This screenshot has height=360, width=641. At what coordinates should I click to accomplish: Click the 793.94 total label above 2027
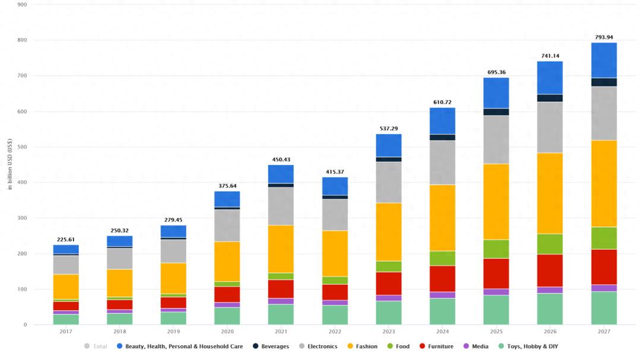point(604,37)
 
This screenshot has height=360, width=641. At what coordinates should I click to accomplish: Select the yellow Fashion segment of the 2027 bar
point(604,183)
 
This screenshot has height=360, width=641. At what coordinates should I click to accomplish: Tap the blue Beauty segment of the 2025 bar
point(496,93)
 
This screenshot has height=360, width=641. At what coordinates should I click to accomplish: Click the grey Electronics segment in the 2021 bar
point(281,206)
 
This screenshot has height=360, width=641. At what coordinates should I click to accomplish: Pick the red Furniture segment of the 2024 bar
point(442,279)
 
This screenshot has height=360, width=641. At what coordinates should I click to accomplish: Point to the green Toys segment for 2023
point(389,313)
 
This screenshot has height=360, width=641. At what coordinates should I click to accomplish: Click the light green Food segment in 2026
point(550,244)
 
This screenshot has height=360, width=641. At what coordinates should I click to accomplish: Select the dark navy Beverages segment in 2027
point(604,82)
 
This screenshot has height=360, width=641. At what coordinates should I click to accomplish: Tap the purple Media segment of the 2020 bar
point(227,305)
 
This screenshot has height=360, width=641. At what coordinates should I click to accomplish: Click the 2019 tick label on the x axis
point(173,332)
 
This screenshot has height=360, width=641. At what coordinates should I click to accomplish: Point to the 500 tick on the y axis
point(23,147)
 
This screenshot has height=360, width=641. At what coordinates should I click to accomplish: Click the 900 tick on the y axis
point(23,5)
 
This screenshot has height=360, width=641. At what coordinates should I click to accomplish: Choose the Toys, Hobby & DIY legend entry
point(528,346)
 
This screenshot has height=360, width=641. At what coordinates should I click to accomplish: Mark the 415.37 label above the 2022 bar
point(335,172)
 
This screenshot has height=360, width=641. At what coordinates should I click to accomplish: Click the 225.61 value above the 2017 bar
point(66,240)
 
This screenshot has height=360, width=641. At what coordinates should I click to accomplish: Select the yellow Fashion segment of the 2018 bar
point(119,283)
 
